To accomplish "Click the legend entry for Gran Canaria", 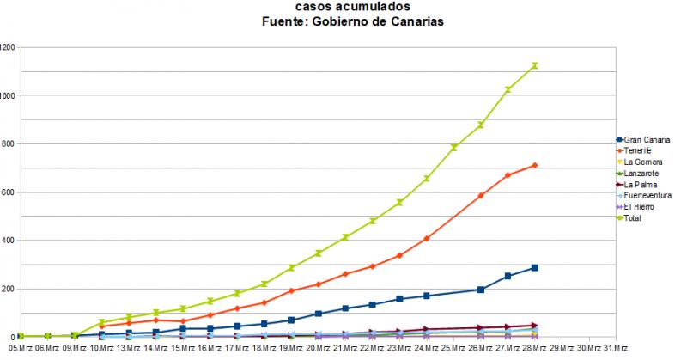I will point(647,140).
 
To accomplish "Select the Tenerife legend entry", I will point(640,151).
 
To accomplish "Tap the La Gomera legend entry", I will point(643,162).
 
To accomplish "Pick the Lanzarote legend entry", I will point(642,174).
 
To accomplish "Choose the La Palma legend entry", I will point(641,185).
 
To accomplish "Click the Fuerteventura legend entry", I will point(648,196).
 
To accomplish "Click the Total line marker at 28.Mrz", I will point(534,65).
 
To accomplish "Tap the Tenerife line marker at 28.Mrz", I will point(534,165).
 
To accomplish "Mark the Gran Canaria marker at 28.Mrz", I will point(534,268).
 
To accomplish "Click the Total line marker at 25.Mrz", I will point(453,148).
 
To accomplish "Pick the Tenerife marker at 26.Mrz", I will point(481,196).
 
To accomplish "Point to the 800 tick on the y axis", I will point(8,143).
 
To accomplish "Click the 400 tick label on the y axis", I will point(8,241).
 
